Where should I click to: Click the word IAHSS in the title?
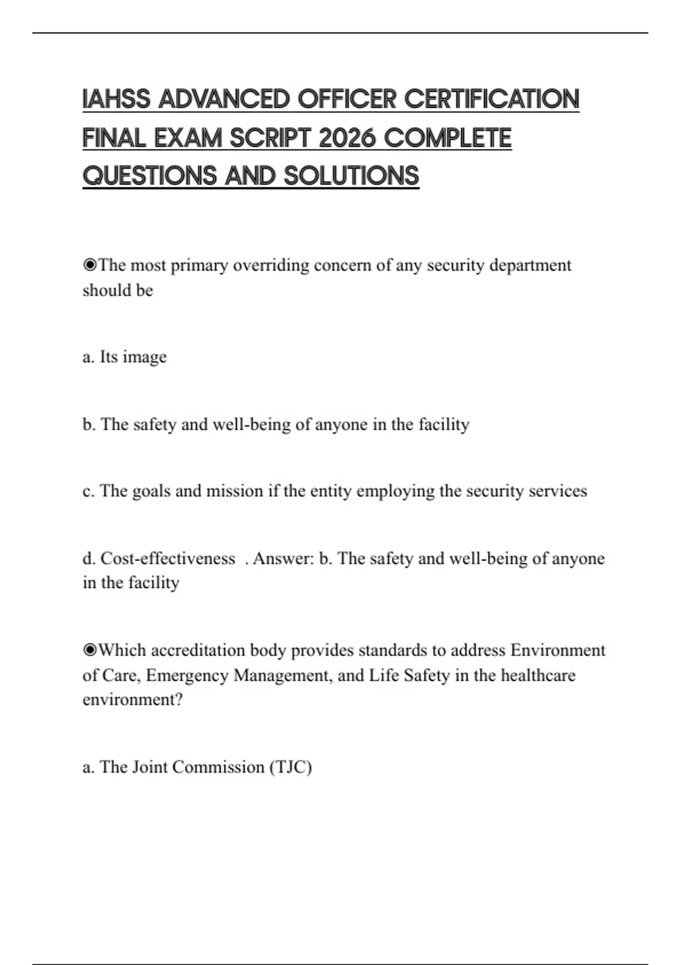point(116,99)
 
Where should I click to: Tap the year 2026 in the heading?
point(347,138)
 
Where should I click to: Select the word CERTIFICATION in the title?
point(491,99)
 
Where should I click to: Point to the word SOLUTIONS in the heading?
point(351,176)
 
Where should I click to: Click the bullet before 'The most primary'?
point(90,265)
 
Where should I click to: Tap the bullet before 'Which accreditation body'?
point(90,650)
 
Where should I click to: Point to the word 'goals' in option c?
point(151,491)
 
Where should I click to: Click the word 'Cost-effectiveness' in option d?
point(167,559)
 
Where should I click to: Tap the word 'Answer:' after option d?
point(283,559)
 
